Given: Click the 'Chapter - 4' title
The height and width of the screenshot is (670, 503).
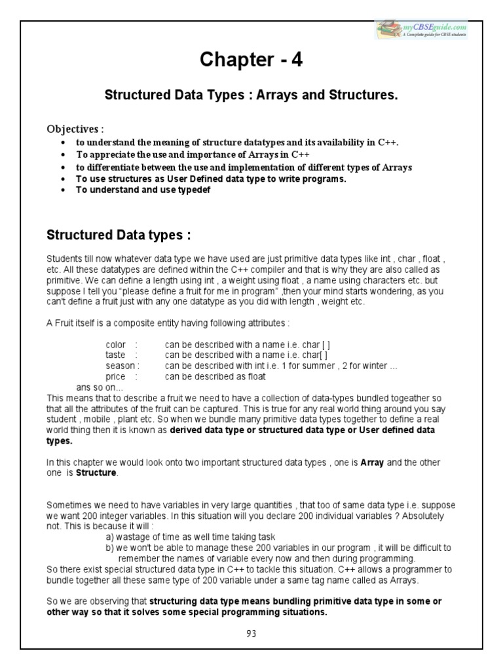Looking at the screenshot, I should [251, 61].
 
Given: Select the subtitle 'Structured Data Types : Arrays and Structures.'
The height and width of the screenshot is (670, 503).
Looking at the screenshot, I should [251, 96].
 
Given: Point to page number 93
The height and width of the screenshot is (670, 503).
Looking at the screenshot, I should [251, 633].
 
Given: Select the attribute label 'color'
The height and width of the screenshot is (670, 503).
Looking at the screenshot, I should [115, 344].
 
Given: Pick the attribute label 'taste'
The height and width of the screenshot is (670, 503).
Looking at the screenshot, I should [115, 355].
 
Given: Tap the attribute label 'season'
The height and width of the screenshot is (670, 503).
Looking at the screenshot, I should [119, 366].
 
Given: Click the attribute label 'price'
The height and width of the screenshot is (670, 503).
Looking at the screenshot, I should [115, 377].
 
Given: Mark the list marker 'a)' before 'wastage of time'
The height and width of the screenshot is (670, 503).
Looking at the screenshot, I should [110, 537].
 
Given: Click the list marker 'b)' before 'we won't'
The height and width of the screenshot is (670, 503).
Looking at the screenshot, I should [110, 548].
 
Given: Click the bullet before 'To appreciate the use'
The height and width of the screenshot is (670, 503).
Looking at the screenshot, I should [62, 155].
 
